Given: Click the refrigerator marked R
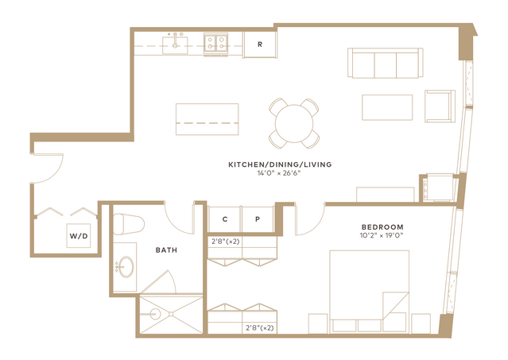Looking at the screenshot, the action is tap(260, 45).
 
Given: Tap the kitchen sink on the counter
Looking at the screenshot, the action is tap(175, 45).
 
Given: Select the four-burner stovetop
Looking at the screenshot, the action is tap(215, 43).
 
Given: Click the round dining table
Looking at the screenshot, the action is tap(294, 123).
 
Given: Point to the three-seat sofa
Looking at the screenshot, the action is tap(386, 63).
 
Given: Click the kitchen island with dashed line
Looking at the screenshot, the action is tap(207, 119).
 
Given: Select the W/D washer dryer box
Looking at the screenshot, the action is tap(79, 236).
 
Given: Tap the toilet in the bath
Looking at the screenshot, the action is tap(128, 224).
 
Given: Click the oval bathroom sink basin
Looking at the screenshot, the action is tap(126, 267).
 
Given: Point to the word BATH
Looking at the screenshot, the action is tap(166, 250).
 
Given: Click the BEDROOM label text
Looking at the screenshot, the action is tap(382, 227).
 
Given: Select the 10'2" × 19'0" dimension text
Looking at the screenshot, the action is tap(382, 235).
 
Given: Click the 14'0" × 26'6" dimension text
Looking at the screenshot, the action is tap(279, 173).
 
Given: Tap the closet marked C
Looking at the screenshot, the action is tap(225, 219).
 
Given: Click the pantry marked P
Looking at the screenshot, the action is tap(258, 219).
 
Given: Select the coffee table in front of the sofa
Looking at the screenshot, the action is tap(387, 107).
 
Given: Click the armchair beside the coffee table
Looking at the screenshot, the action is tap(440, 106).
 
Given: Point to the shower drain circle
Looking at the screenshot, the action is tap(155, 314).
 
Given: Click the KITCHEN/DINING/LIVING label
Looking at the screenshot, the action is tap(280, 165).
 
